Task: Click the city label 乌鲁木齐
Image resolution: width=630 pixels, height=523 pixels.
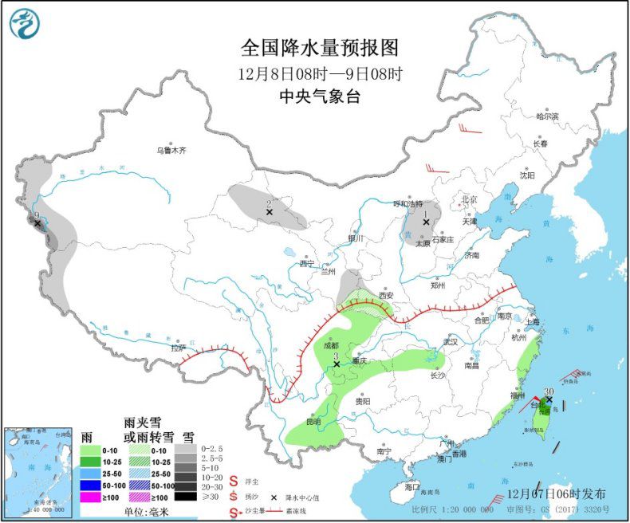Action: (171, 150)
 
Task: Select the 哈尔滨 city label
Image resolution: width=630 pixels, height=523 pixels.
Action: (547, 116)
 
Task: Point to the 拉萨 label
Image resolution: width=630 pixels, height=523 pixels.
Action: (177, 348)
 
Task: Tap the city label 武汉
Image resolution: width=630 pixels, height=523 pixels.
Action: (451, 342)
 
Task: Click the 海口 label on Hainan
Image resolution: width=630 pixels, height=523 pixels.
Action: (411, 486)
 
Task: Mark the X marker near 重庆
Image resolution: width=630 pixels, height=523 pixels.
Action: (337, 364)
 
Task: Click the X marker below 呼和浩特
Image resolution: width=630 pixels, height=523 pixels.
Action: (426, 222)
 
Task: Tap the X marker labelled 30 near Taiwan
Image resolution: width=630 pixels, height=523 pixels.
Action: (549, 399)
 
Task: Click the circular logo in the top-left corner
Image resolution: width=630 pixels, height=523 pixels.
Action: (25, 23)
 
